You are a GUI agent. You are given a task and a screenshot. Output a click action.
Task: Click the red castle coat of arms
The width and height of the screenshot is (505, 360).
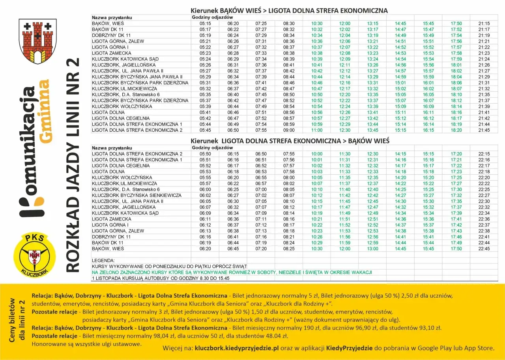[37, 41]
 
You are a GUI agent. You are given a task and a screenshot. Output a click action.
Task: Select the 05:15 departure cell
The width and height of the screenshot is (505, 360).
[205, 24]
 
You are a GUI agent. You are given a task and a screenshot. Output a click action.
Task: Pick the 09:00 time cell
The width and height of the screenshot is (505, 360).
[289, 130]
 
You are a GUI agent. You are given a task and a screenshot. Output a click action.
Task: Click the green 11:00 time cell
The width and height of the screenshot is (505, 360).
[317, 130]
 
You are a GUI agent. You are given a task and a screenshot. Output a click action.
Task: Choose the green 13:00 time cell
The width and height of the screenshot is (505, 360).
[372, 249]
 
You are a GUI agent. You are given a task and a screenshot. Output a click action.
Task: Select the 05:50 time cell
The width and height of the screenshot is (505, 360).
[205, 154]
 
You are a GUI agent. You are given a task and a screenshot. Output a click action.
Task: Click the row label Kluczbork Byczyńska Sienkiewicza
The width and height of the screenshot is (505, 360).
[137, 195]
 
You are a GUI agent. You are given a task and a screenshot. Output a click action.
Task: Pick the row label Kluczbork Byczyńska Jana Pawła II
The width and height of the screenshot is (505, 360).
[137, 76]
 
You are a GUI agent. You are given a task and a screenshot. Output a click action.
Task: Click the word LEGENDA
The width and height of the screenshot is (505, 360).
[103, 261]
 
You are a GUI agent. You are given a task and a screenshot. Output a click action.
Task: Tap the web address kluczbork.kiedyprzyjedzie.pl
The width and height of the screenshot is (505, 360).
[237, 348]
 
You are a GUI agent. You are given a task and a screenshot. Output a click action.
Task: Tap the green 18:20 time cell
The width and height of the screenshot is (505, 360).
[456, 130]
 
